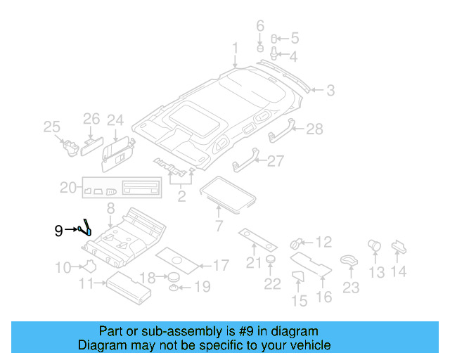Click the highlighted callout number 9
point(59,230)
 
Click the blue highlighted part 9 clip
point(87,228)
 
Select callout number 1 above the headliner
point(236,49)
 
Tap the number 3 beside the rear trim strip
point(330,90)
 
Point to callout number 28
point(314,129)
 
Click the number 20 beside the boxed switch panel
point(67,188)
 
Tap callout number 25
point(51,127)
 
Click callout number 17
point(220,266)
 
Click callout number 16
point(324,297)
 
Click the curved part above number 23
point(348,259)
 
